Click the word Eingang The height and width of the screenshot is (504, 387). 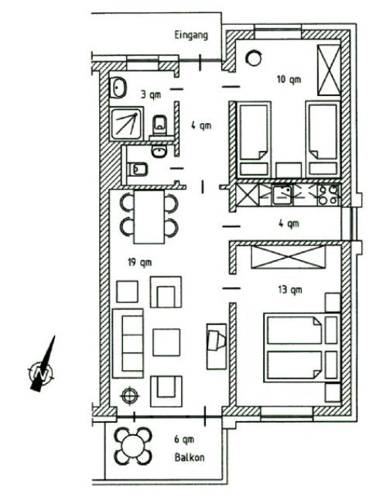click(191, 36)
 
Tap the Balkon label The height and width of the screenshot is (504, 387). click(190, 457)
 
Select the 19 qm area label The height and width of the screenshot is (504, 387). click(139, 262)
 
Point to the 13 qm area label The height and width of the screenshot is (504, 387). click(290, 290)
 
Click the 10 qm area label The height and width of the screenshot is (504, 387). click(289, 79)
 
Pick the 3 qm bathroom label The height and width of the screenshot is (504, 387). click(151, 94)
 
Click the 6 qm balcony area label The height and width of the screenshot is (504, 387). click(184, 439)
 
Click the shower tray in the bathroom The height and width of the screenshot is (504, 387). click(126, 124)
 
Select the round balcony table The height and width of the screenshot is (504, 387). click(133, 446)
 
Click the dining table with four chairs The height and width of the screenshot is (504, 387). click(149, 217)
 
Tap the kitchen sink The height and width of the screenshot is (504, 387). click(283, 195)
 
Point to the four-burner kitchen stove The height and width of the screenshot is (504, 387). click(328, 195)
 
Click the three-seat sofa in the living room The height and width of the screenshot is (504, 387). click(128, 343)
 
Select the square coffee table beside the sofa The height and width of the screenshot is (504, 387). click(166, 342)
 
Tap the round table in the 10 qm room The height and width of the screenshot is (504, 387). click(254, 58)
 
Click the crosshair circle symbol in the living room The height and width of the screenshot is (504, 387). click(129, 395)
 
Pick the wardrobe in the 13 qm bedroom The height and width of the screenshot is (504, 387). click(289, 257)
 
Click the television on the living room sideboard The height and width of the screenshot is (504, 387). click(216, 339)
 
